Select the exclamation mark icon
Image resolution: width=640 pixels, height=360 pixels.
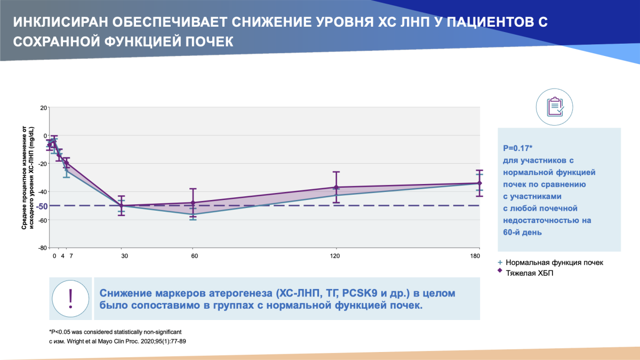[71, 298]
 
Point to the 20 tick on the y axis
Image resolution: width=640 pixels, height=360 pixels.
[43, 108]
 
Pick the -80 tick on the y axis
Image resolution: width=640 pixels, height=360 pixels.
[42, 248]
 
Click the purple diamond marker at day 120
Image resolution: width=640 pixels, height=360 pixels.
[336, 187]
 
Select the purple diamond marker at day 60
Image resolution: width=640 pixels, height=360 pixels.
[193, 203]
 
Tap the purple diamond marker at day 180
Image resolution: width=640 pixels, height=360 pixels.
[479, 183]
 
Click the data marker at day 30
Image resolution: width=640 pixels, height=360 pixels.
[122, 205]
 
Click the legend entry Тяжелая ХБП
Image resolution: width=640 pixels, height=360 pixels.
[531, 271]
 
